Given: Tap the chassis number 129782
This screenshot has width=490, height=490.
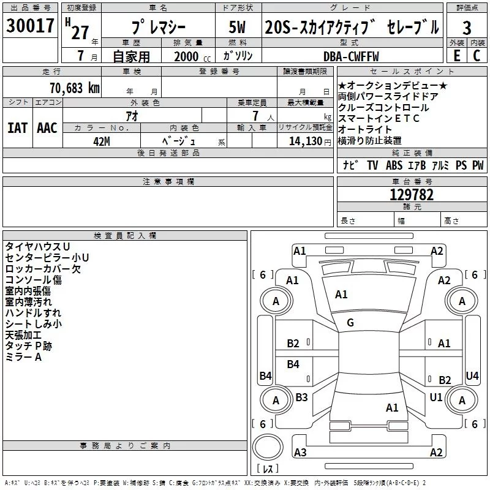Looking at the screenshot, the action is [412, 195].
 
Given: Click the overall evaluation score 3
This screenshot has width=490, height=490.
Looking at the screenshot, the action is [467, 28].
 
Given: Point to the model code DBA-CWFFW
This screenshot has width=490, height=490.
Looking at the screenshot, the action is [351, 56].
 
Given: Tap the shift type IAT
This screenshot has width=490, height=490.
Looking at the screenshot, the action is [17, 128].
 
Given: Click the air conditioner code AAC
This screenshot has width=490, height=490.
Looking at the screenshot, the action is [47, 128].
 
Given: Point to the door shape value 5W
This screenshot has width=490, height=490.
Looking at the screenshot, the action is [237, 28].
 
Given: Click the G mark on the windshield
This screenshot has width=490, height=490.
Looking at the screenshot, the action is [350, 323].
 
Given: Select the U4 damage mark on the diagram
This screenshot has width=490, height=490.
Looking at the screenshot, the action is [472, 375].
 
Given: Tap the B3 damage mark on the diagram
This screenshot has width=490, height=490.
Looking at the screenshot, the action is [301, 397].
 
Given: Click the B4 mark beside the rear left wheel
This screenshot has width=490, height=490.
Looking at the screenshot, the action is [265, 375].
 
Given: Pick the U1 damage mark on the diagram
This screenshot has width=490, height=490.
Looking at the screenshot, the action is [435, 397].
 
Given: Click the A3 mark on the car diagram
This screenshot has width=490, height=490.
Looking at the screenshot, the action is [300, 452].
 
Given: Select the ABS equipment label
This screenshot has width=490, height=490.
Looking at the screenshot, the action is [394, 165].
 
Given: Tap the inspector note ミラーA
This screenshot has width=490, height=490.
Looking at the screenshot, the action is [23, 357].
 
